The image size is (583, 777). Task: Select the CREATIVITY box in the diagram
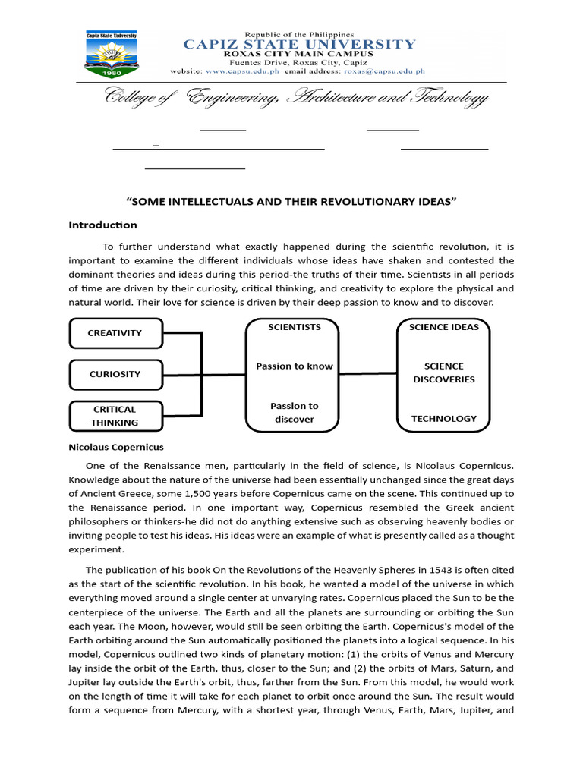(115, 333)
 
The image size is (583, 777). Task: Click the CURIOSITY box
(115, 374)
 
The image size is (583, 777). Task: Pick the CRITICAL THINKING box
(115, 416)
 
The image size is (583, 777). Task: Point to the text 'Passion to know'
(295, 366)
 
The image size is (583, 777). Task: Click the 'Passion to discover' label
(295, 413)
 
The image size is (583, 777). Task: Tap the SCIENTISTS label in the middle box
(295, 327)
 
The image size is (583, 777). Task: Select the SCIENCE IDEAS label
(444, 327)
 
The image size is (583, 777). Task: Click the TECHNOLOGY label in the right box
(444, 418)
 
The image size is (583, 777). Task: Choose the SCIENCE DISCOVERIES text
(444, 373)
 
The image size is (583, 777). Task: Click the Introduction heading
(102, 225)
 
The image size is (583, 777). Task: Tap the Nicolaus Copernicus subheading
(116, 447)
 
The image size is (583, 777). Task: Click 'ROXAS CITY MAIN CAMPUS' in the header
(299, 54)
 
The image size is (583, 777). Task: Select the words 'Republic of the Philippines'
(299, 35)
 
